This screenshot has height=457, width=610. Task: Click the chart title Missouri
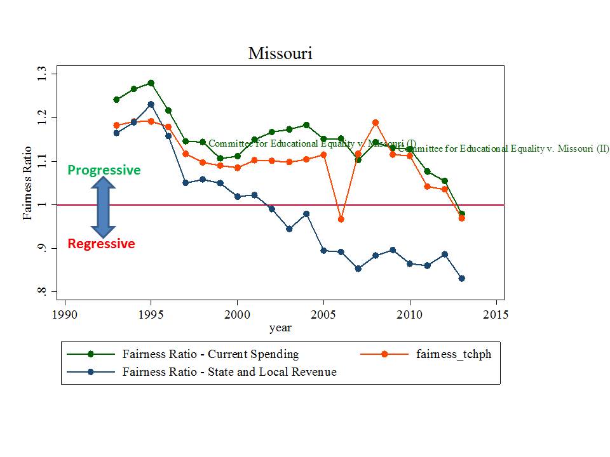coord(280,53)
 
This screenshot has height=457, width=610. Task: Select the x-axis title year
coord(280,328)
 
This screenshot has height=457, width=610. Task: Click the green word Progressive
coord(104,170)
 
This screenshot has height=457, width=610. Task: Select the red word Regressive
coord(101,244)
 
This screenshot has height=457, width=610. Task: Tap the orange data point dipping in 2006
coord(341,220)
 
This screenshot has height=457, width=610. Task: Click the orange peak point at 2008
coord(376,123)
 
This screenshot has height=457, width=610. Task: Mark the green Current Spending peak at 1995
coord(151,83)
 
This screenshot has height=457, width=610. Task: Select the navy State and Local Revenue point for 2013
coord(461,278)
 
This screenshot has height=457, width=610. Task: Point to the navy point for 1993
coord(116,133)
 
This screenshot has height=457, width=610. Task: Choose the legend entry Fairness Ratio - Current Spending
coord(210,354)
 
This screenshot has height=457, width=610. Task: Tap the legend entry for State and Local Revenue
coord(229,372)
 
